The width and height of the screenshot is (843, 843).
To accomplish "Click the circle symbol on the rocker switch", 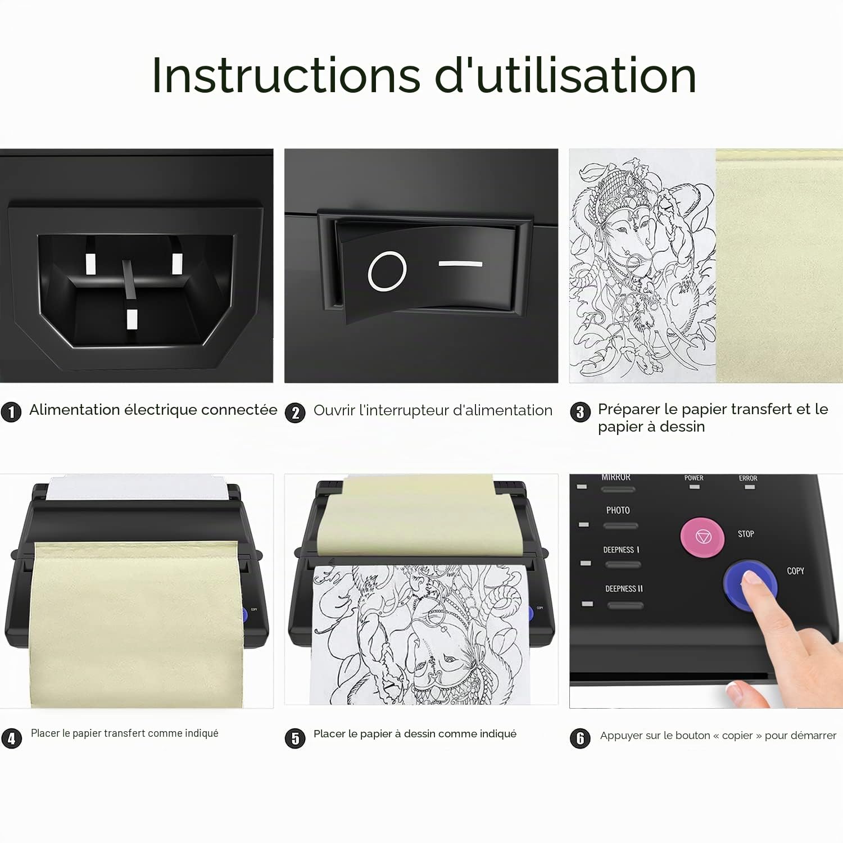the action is [387, 271].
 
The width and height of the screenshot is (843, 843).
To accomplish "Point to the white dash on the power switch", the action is [460, 263].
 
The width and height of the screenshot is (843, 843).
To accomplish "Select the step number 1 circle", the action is [11, 412].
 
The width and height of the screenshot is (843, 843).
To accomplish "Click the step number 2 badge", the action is [295, 413].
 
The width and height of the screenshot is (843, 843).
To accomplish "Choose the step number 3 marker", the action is [580, 412].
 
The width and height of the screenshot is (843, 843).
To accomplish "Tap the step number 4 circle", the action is [12, 738].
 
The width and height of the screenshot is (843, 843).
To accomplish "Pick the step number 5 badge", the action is [295, 738].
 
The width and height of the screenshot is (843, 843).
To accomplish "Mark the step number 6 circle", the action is [580, 738].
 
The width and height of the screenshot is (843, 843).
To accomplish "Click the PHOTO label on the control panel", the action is [618, 510].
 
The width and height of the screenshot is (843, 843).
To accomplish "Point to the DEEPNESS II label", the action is [624, 589].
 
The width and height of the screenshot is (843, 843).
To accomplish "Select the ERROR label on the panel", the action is [748, 478].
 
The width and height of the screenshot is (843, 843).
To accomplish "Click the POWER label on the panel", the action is [694, 478].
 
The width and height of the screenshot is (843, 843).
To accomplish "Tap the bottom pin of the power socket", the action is [132, 319].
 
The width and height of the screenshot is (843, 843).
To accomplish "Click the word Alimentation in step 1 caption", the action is [74, 410].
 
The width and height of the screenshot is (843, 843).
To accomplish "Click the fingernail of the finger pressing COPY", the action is [751, 578].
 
